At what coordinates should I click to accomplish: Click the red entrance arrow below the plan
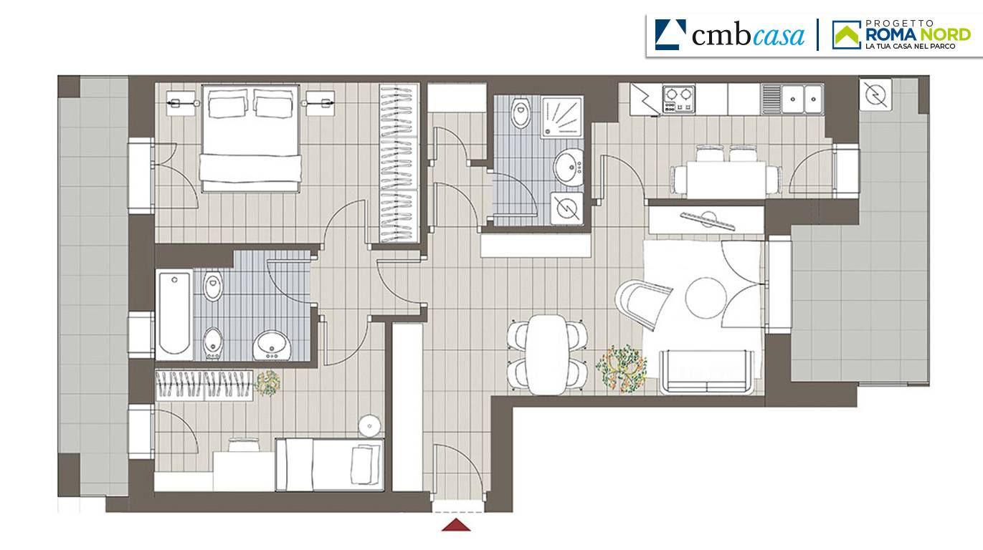point(456,525)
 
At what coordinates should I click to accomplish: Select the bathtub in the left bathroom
point(174,314)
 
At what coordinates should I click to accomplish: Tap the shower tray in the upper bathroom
point(561,117)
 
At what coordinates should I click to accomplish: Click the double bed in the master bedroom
point(250,138)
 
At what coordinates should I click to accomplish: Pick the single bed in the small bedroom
point(329,465)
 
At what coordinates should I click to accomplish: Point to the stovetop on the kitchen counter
point(678,99)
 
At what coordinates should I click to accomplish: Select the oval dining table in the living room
point(547,354)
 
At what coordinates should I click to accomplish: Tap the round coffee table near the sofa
point(704,298)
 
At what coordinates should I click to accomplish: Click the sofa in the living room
point(706,372)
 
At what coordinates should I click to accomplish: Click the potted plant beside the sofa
point(622,368)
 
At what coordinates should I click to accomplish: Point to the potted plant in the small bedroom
point(267,383)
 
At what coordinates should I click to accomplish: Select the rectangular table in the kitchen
point(726,180)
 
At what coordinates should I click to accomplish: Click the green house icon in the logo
point(847,34)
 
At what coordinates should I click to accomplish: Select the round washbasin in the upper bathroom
point(568,167)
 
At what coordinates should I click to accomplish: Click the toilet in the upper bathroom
point(521,112)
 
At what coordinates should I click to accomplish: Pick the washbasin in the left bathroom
point(272,345)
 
